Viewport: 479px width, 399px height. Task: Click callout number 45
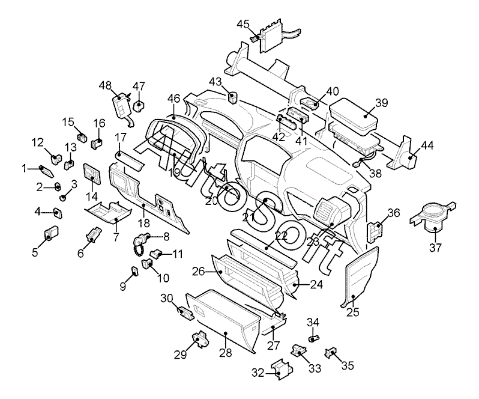pyautogui.click(x=243, y=24)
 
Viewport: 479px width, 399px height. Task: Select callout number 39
pyautogui.click(x=382, y=103)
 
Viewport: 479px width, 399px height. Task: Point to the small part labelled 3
pyautogui.click(x=62, y=198)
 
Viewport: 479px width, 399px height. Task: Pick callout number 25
pyautogui.click(x=353, y=312)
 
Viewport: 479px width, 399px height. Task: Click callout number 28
pyautogui.click(x=226, y=353)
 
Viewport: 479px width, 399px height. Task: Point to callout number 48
pyautogui.click(x=106, y=85)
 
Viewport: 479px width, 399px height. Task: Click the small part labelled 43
pyautogui.click(x=233, y=98)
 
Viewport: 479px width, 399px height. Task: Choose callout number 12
pyautogui.click(x=38, y=142)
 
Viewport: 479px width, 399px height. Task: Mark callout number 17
pyautogui.click(x=121, y=137)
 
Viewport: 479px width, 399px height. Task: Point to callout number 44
pyautogui.click(x=427, y=146)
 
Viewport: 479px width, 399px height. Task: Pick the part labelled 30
pyautogui.click(x=185, y=313)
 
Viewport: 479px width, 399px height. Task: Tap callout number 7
pyautogui.click(x=116, y=237)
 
